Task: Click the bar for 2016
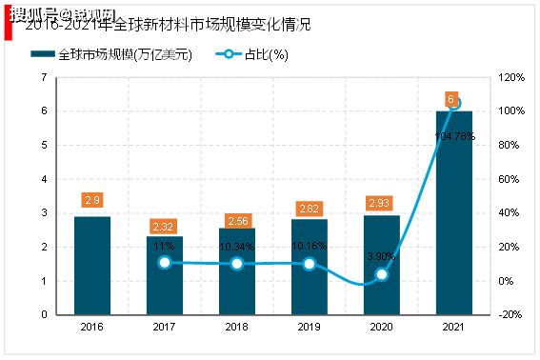tap(92, 265)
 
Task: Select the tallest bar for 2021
tap(454, 212)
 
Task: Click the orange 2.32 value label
tap(165, 226)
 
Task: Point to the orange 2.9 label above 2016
tap(92, 201)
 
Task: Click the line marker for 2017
tap(165, 262)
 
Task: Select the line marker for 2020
tap(382, 274)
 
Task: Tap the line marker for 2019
tap(310, 263)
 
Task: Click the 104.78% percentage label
tap(453, 136)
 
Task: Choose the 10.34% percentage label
tap(237, 247)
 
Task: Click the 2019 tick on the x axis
tap(310, 326)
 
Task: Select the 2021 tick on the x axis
tap(454, 326)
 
